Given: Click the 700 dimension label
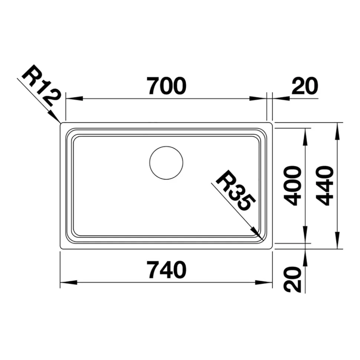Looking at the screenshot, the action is pyautogui.click(x=167, y=86).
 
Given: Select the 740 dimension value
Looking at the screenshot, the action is pyautogui.click(x=167, y=270).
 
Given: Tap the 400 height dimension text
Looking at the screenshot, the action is pyautogui.click(x=292, y=186).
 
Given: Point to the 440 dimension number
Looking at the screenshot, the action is pyautogui.click(x=325, y=186).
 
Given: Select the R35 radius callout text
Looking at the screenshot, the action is pyautogui.click(x=236, y=190).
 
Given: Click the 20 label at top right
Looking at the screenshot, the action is pyautogui.click(x=305, y=86).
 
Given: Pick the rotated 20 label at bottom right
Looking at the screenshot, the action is pyautogui.click(x=292, y=279).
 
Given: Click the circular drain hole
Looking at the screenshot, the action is pyautogui.click(x=166, y=163).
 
